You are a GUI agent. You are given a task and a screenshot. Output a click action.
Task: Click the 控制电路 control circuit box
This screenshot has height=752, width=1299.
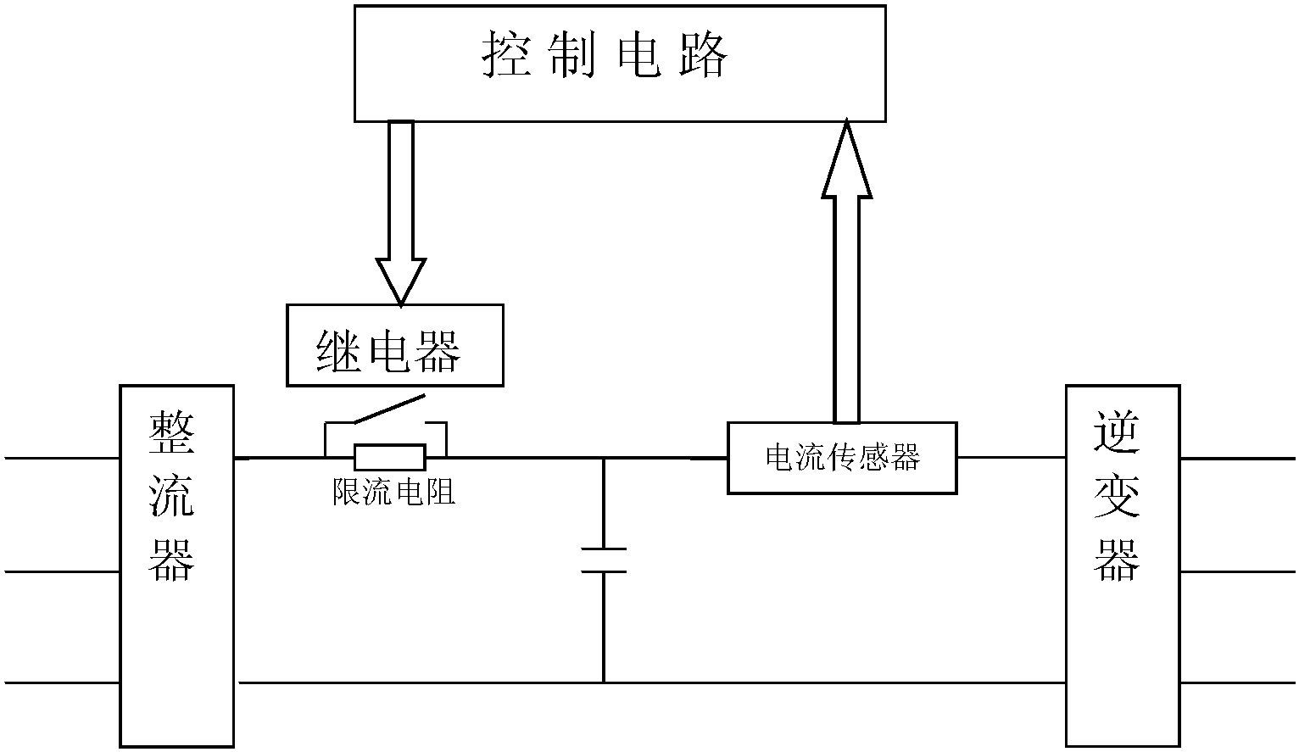tap(620, 64)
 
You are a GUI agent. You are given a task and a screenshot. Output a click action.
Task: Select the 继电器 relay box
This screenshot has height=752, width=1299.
tap(395, 346)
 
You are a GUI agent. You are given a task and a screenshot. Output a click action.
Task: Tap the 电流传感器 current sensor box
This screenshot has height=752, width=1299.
tap(842, 458)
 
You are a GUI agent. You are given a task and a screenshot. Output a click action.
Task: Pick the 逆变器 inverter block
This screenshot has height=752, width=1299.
tap(1123, 566)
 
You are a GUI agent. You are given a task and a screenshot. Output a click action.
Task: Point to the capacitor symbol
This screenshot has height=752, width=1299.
tap(604, 560)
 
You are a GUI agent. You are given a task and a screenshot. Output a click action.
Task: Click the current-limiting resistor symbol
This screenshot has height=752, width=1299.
tap(390, 458)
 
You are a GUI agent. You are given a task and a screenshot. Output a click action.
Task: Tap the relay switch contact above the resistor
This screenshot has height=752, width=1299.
tap(387, 409)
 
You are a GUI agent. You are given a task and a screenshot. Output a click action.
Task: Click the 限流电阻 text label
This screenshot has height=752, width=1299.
tap(393, 492)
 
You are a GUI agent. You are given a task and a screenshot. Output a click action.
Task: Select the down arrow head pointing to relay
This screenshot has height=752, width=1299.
tap(400, 280)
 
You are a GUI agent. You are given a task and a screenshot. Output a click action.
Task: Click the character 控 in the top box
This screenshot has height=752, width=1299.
tap(507, 56)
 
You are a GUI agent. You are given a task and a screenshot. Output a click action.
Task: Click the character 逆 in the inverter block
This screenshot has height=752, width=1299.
tap(1117, 433)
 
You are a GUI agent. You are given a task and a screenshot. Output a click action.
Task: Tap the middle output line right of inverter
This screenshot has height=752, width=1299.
tap(1238, 571)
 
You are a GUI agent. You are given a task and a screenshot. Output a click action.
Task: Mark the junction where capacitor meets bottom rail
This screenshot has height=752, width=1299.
tap(604, 682)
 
